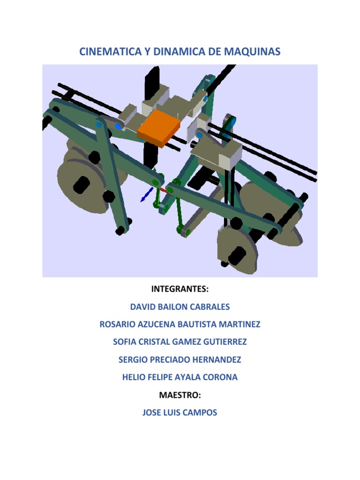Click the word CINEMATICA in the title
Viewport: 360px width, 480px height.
point(111,52)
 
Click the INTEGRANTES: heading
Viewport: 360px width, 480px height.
point(180,289)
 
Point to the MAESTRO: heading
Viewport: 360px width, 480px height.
point(180,395)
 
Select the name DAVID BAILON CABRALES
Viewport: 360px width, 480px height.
point(180,307)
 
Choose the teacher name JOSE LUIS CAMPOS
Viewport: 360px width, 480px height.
point(180,412)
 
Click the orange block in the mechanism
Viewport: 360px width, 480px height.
point(158,128)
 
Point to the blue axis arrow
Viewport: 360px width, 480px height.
point(147,195)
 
